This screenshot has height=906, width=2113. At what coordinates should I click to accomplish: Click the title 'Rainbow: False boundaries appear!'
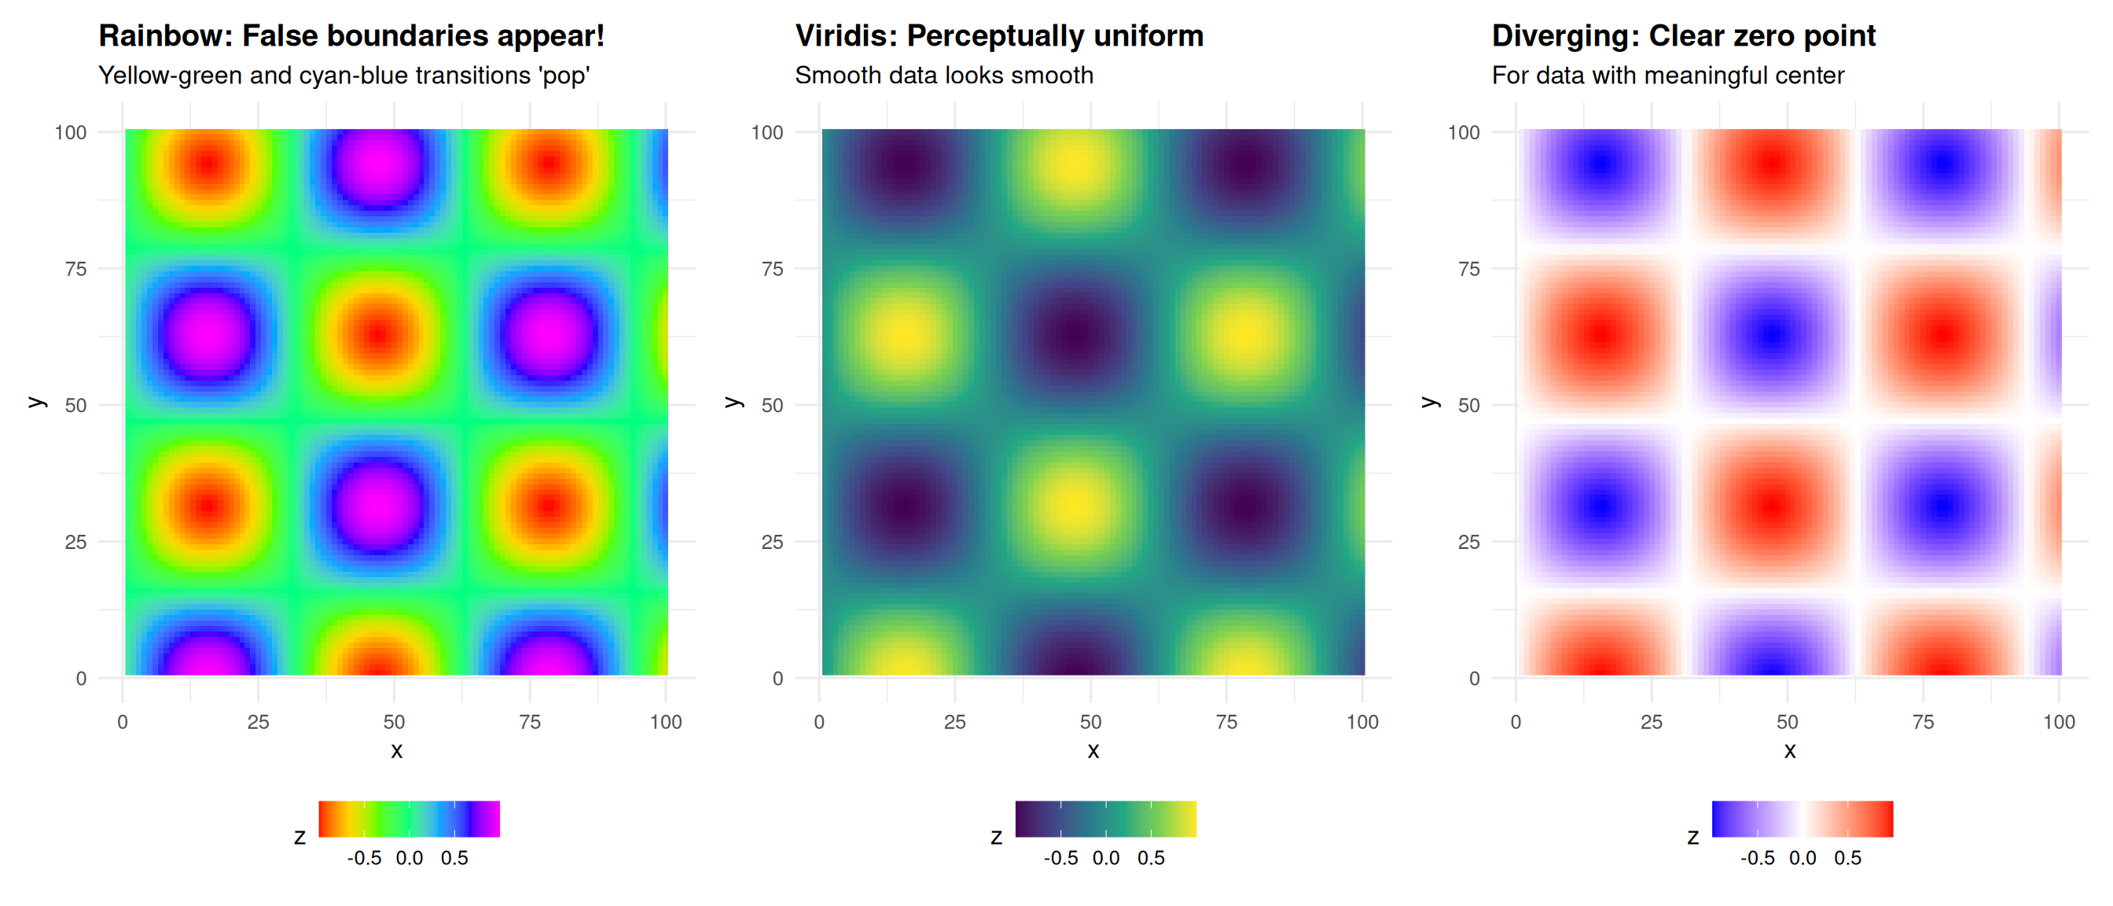351,36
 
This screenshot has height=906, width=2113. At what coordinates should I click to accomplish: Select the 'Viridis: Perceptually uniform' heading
999,36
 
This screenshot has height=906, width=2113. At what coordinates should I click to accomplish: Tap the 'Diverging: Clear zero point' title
1683,36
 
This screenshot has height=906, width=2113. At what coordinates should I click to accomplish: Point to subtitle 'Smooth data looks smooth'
943,75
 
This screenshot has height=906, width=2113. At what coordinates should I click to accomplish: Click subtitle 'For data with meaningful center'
1667,75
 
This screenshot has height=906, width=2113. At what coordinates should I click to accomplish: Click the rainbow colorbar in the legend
409,818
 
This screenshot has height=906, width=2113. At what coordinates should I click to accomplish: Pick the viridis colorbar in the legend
1105,818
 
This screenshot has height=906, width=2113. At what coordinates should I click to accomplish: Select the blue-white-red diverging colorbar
1802,818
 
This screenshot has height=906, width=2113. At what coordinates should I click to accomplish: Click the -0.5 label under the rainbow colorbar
364,857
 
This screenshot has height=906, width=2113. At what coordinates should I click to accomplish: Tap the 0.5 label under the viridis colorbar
1151,857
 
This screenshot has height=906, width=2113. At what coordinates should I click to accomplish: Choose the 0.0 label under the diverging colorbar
1802,857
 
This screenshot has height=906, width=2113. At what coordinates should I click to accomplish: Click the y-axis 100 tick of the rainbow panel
71,132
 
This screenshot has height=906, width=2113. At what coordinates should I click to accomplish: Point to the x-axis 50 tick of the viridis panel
1090,721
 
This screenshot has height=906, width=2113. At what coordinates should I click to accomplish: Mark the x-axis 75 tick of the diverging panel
1923,721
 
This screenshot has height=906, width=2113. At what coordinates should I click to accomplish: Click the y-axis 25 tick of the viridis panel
772,542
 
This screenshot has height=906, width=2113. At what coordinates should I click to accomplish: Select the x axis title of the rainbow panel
396,751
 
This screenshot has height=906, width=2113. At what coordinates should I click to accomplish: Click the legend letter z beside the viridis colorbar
996,837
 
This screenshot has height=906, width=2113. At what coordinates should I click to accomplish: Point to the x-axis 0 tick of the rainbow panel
122,721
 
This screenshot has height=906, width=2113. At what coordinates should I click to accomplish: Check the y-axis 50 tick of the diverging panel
1468,405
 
